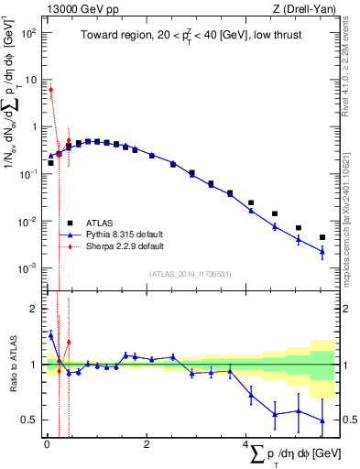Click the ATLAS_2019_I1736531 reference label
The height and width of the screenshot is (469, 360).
tap(184, 274)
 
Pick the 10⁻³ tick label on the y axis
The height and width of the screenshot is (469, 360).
tap(28, 268)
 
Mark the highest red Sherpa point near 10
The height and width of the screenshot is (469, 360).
tap(51, 89)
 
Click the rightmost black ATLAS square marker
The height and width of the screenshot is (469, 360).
tap(322, 237)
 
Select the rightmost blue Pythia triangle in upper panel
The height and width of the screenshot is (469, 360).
tap(322, 252)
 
